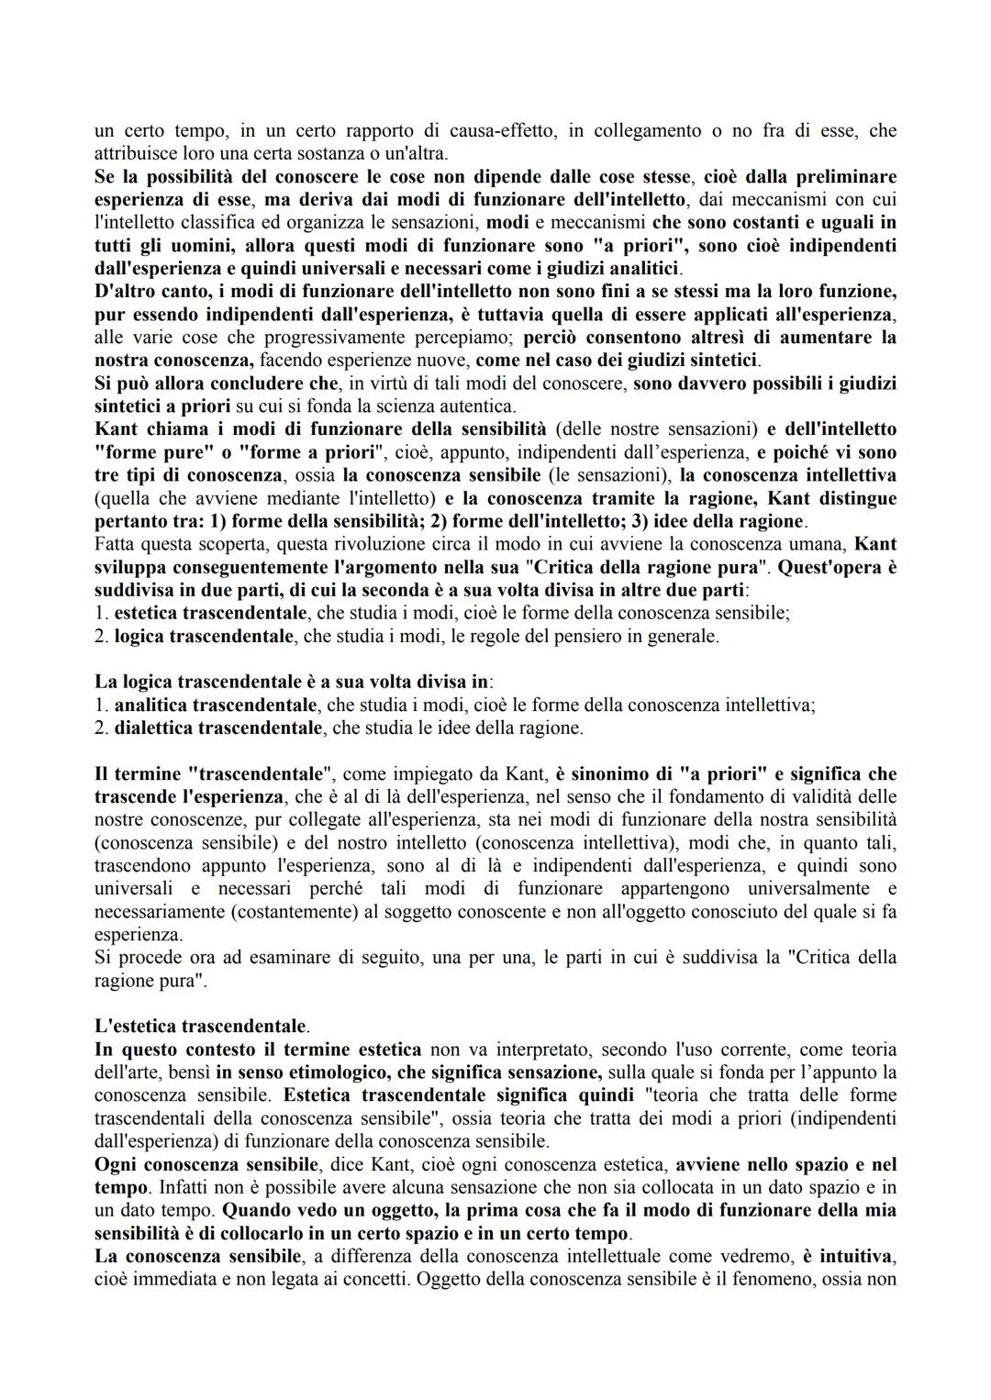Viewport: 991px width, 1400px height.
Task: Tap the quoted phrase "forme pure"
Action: [145, 452]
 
